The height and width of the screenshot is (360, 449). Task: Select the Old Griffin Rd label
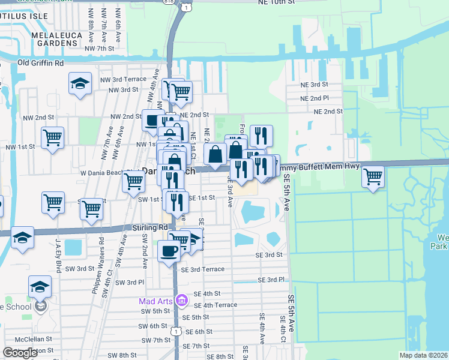[41, 62]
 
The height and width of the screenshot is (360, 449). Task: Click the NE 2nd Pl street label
[317, 98]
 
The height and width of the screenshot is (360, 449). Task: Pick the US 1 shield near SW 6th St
[175, 331]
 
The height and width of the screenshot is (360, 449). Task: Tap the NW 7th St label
[100, 48]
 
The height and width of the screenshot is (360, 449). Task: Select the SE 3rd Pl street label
[270, 280]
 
